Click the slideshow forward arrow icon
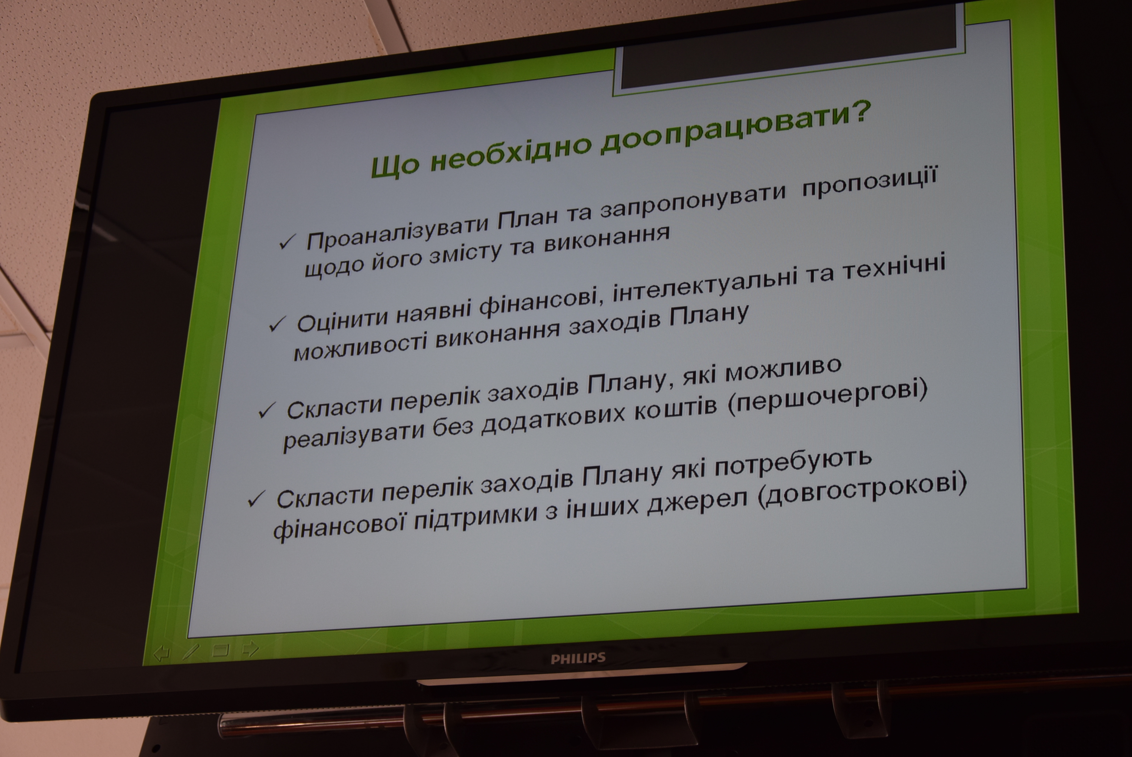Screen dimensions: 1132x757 250,649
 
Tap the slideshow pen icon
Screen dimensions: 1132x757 191,651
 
